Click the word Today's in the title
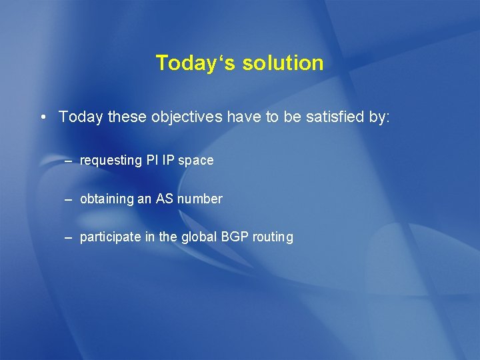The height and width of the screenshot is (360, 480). pyautogui.click(x=196, y=63)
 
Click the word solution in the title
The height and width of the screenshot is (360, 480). pyautogui.click(x=283, y=63)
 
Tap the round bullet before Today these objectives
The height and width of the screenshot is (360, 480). pyautogui.click(x=43, y=118)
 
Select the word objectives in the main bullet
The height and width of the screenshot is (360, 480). pyautogui.click(x=187, y=117)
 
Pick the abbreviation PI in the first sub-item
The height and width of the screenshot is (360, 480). pyautogui.click(x=152, y=160)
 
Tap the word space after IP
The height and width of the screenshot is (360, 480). pyautogui.click(x=196, y=161)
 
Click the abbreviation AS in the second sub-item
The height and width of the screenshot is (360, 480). pyautogui.click(x=164, y=199)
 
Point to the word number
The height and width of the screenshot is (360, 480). pyautogui.click(x=199, y=199)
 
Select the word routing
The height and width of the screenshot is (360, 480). pyautogui.click(x=273, y=237)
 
